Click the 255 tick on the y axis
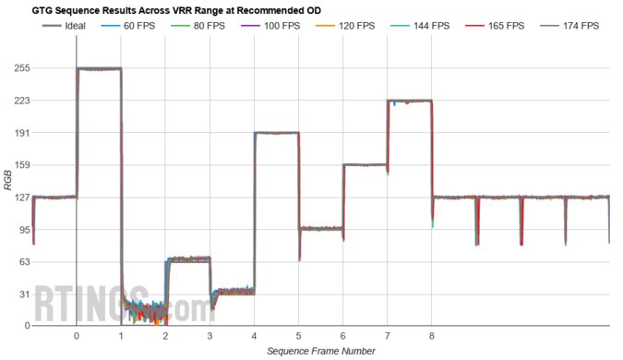tap(22, 68)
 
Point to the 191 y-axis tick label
tap(22, 133)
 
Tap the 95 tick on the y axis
tap(25, 230)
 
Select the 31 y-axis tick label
tap(25, 294)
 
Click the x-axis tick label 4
tap(254, 336)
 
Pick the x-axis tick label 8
tap(432, 336)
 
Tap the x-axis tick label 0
tap(76, 336)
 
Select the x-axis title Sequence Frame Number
tap(321, 351)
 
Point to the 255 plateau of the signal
tap(99, 69)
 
